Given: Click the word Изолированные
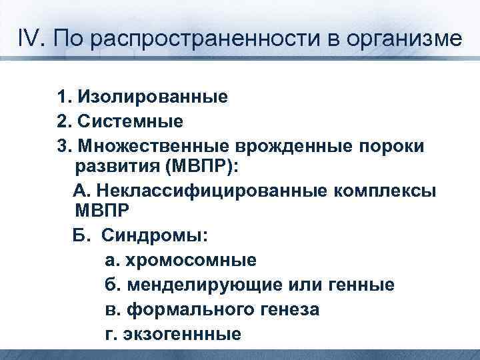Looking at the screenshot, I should [153, 98].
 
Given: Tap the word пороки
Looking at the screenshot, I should [394, 146].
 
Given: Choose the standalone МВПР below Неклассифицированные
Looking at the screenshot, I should [105, 211].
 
